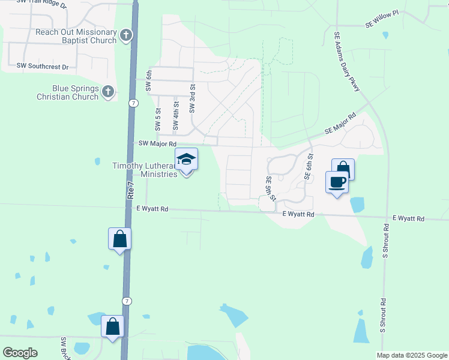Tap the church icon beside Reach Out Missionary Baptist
[x=126, y=35]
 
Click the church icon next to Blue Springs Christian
[x=108, y=92]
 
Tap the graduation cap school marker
[x=186, y=160]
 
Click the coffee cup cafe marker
[x=337, y=182]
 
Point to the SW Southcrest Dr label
[x=43, y=65]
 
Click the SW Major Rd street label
[x=157, y=143]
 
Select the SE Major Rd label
[x=340, y=123]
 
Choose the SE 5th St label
[x=271, y=189]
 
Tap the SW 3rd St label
[x=193, y=98]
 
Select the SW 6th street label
[x=149, y=79]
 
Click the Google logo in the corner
[x=20, y=353]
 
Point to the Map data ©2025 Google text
[x=411, y=355]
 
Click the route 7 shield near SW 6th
[x=132, y=103]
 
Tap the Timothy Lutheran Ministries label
[x=145, y=170]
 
